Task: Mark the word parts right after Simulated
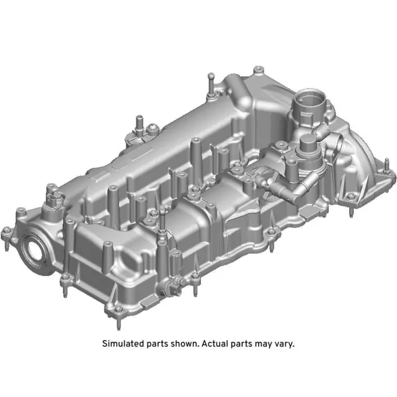coord(154,343)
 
